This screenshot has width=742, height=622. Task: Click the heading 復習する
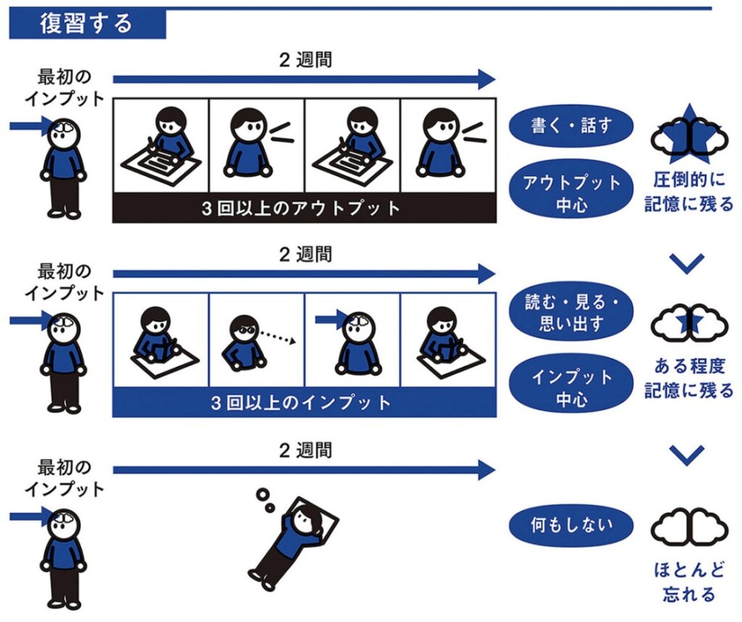coord(86,24)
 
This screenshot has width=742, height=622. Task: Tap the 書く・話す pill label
coord(572,126)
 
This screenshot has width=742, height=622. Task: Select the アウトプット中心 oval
coord(572,193)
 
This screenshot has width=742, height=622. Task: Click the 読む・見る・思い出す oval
coord(572,312)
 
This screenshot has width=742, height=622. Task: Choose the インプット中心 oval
coord(572,387)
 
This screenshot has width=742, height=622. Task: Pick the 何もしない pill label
coord(572,526)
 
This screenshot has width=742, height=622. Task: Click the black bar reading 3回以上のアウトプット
coord(304,209)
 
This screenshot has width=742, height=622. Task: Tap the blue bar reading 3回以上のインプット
coord(304,403)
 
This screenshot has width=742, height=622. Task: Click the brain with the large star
coord(688,138)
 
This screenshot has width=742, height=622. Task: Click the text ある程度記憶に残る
coord(688,380)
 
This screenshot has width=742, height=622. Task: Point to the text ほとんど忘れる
coord(688,581)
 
